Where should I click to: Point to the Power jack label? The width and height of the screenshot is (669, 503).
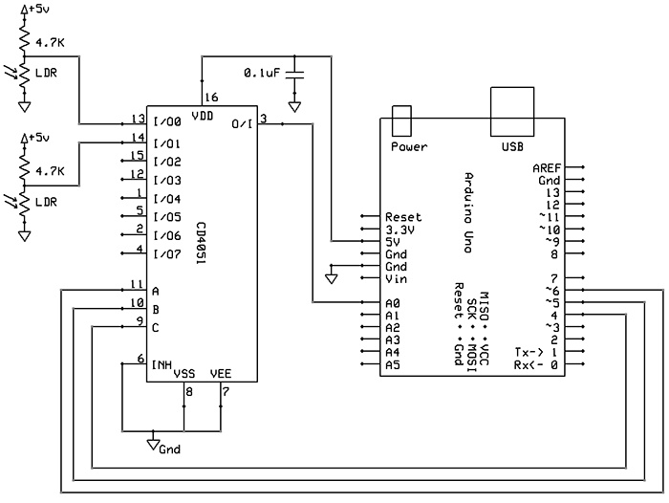[410, 146]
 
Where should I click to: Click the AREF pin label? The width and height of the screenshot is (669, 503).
[548, 167]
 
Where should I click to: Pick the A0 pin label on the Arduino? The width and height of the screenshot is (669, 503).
[392, 303]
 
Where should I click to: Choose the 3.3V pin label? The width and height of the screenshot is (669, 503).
[399, 230]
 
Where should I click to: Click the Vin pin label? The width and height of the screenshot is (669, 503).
[396, 279]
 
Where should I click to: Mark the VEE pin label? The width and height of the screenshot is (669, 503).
[220, 374]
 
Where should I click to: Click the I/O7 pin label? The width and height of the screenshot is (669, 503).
[166, 253]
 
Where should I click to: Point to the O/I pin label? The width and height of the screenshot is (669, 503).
[243, 123]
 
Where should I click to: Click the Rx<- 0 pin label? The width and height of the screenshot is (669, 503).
[535, 364]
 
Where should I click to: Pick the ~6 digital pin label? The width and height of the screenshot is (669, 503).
[550, 291]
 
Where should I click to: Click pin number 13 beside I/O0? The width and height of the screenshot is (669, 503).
[138, 120]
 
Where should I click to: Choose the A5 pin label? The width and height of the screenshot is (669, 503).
[392, 364]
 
